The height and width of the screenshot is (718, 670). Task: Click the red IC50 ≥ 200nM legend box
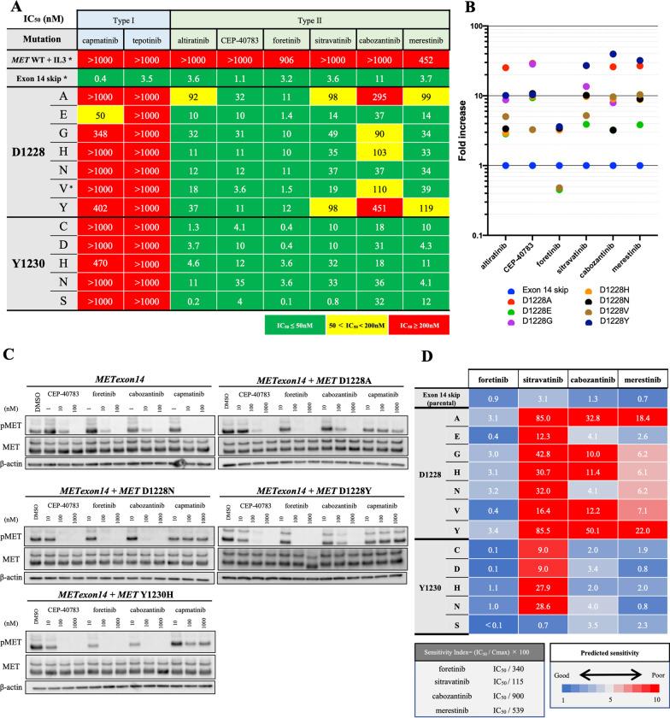pos(419,324)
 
